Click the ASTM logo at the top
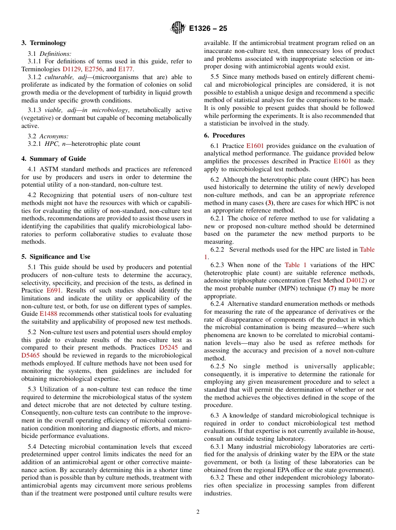coord(178,28)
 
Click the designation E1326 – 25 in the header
coord(208,29)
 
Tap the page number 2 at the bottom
coord(198,512)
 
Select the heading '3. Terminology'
coord(44,43)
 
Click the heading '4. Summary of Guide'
coord(54,159)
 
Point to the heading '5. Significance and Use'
coord(56,257)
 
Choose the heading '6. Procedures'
coord(225,135)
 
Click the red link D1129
coord(72,69)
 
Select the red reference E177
coord(125,69)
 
